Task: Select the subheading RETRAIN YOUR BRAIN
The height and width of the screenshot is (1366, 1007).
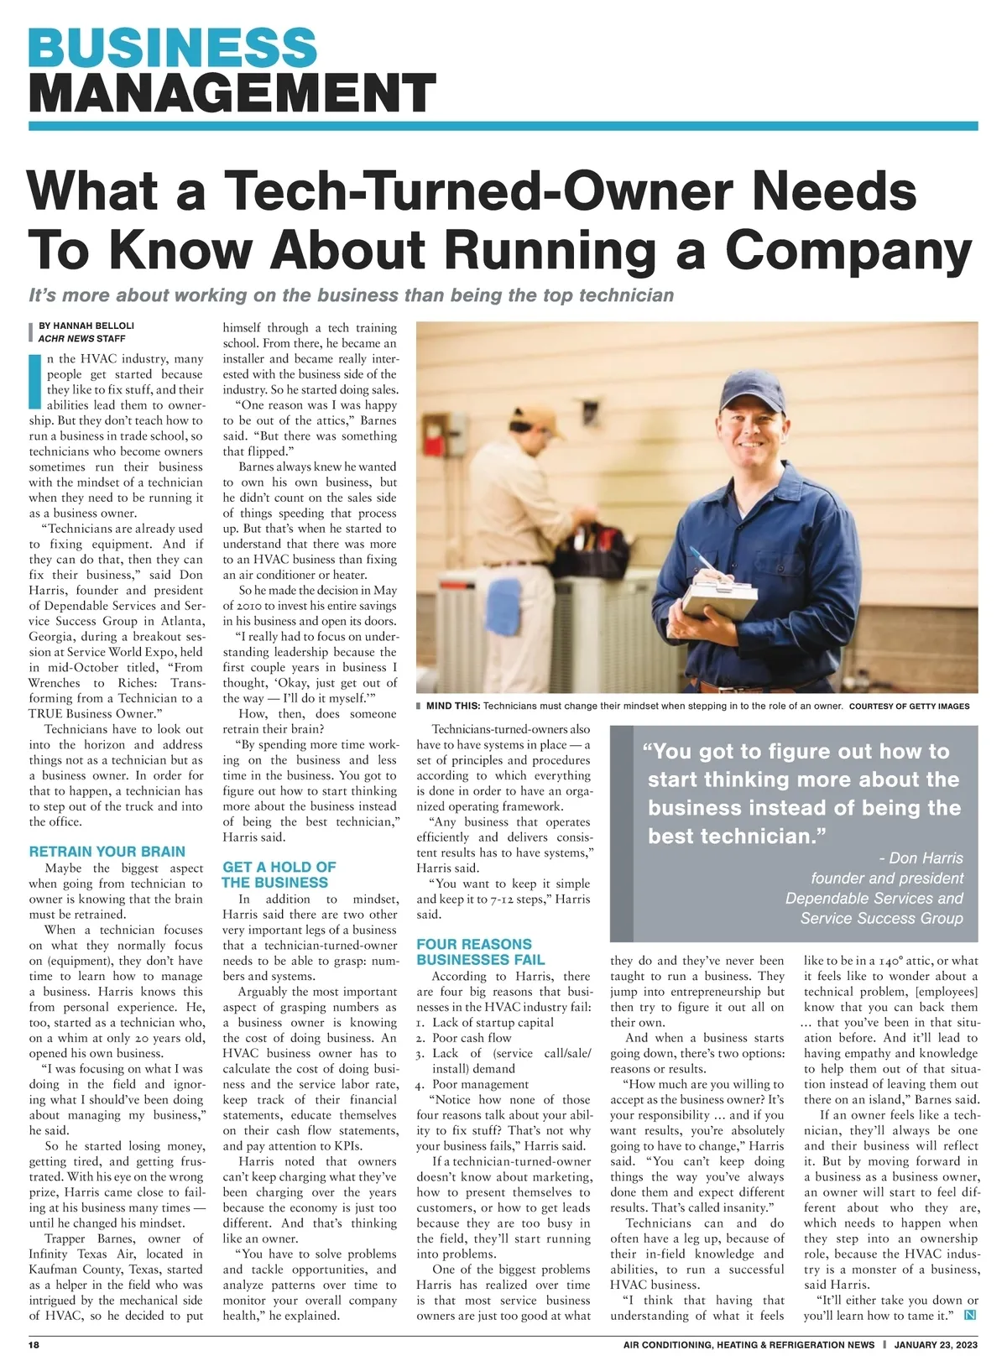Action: coord(107,851)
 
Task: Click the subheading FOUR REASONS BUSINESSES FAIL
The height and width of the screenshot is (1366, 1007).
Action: coord(480,952)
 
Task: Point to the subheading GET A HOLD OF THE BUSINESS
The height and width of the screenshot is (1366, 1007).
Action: coord(279,874)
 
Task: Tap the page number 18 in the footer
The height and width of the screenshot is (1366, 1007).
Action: coord(34,1344)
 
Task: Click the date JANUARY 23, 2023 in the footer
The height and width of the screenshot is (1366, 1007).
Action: coord(936,1344)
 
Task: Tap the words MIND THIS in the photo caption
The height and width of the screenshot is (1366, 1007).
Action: coord(453,706)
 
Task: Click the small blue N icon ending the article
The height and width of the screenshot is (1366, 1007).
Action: coord(970,1315)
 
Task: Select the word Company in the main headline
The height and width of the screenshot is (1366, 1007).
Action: coord(848,249)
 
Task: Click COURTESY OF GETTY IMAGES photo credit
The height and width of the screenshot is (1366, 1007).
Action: coord(909,706)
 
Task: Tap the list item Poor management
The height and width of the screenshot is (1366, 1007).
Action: coord(480,1084)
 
